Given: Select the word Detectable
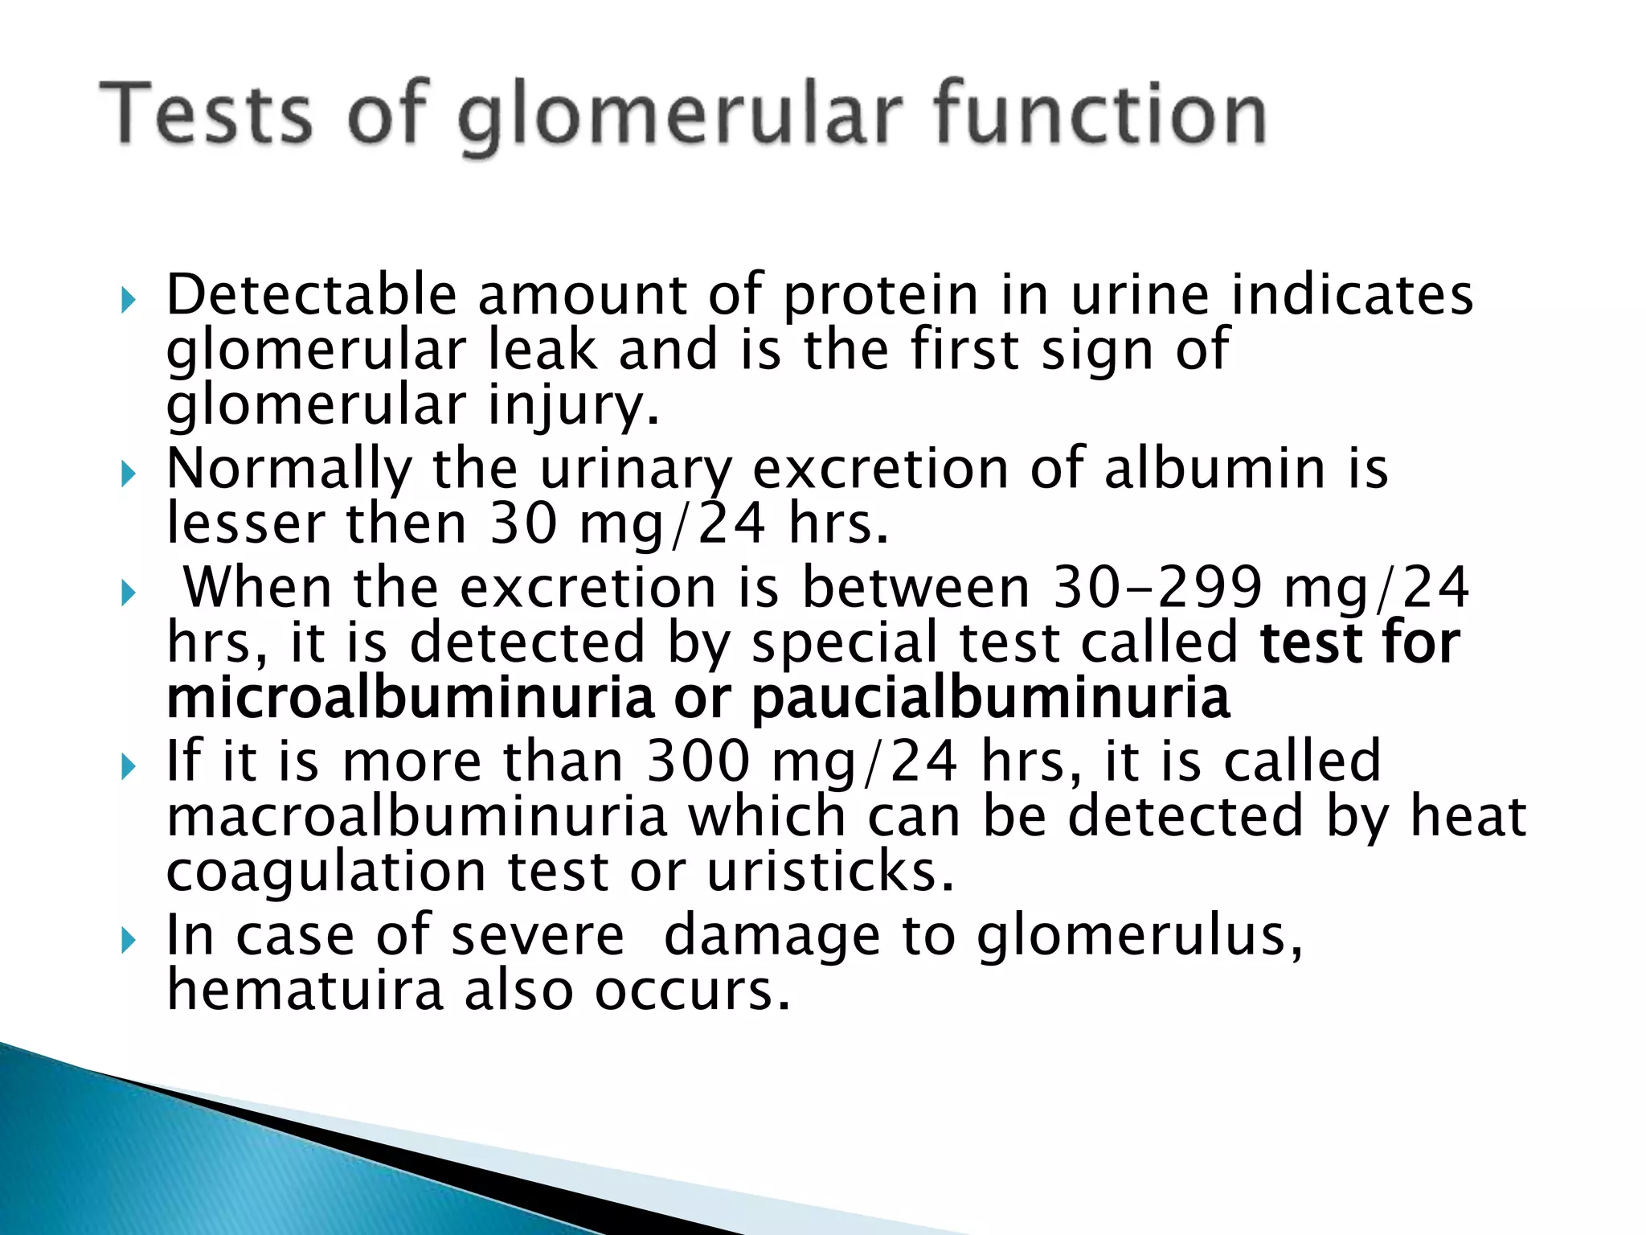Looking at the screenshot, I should tap(311, 294).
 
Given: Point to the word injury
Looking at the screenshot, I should tap(572, 405).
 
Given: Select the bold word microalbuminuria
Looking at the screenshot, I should tap(410, 697).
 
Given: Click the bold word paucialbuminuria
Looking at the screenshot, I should tap(990, 697).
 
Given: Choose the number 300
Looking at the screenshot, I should tap(698, 761).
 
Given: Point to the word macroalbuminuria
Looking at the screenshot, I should tap(416, 816).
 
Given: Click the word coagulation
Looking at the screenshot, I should tap(326, 872).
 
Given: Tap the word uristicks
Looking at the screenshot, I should tap(829, 872).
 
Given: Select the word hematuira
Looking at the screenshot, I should tap(305, 990).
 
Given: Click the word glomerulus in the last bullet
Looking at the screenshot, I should tap(1138, 936).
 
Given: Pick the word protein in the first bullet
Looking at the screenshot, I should tap(880, 294).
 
